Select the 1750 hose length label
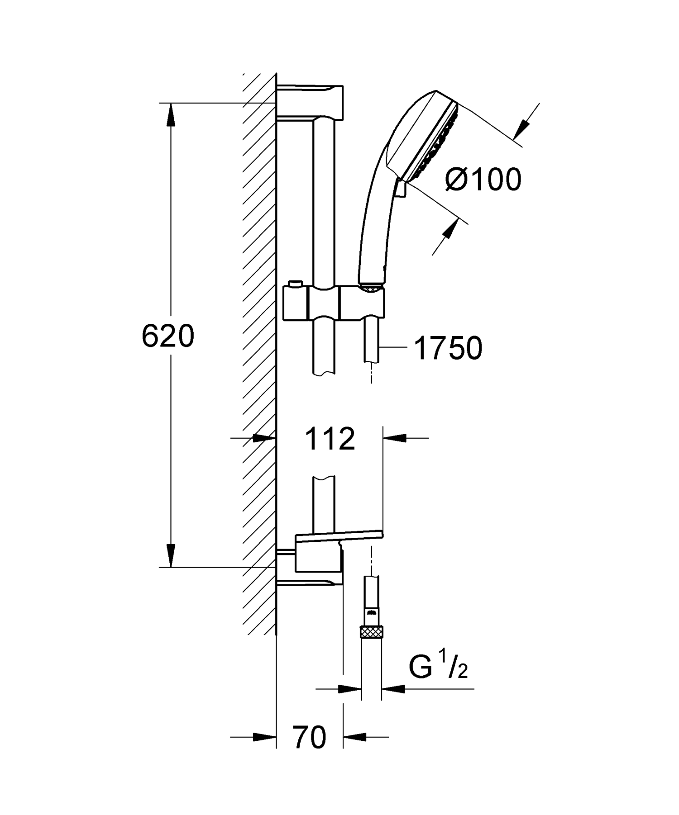pos(448,349)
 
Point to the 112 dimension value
pos(330,439)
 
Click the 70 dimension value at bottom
pos(310,737)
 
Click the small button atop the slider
pos(295,283)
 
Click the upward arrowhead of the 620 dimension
pos(170,115)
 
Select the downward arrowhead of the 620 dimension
pos(170,555)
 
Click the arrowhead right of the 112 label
pos(394,438)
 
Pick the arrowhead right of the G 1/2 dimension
pos(393,689)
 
